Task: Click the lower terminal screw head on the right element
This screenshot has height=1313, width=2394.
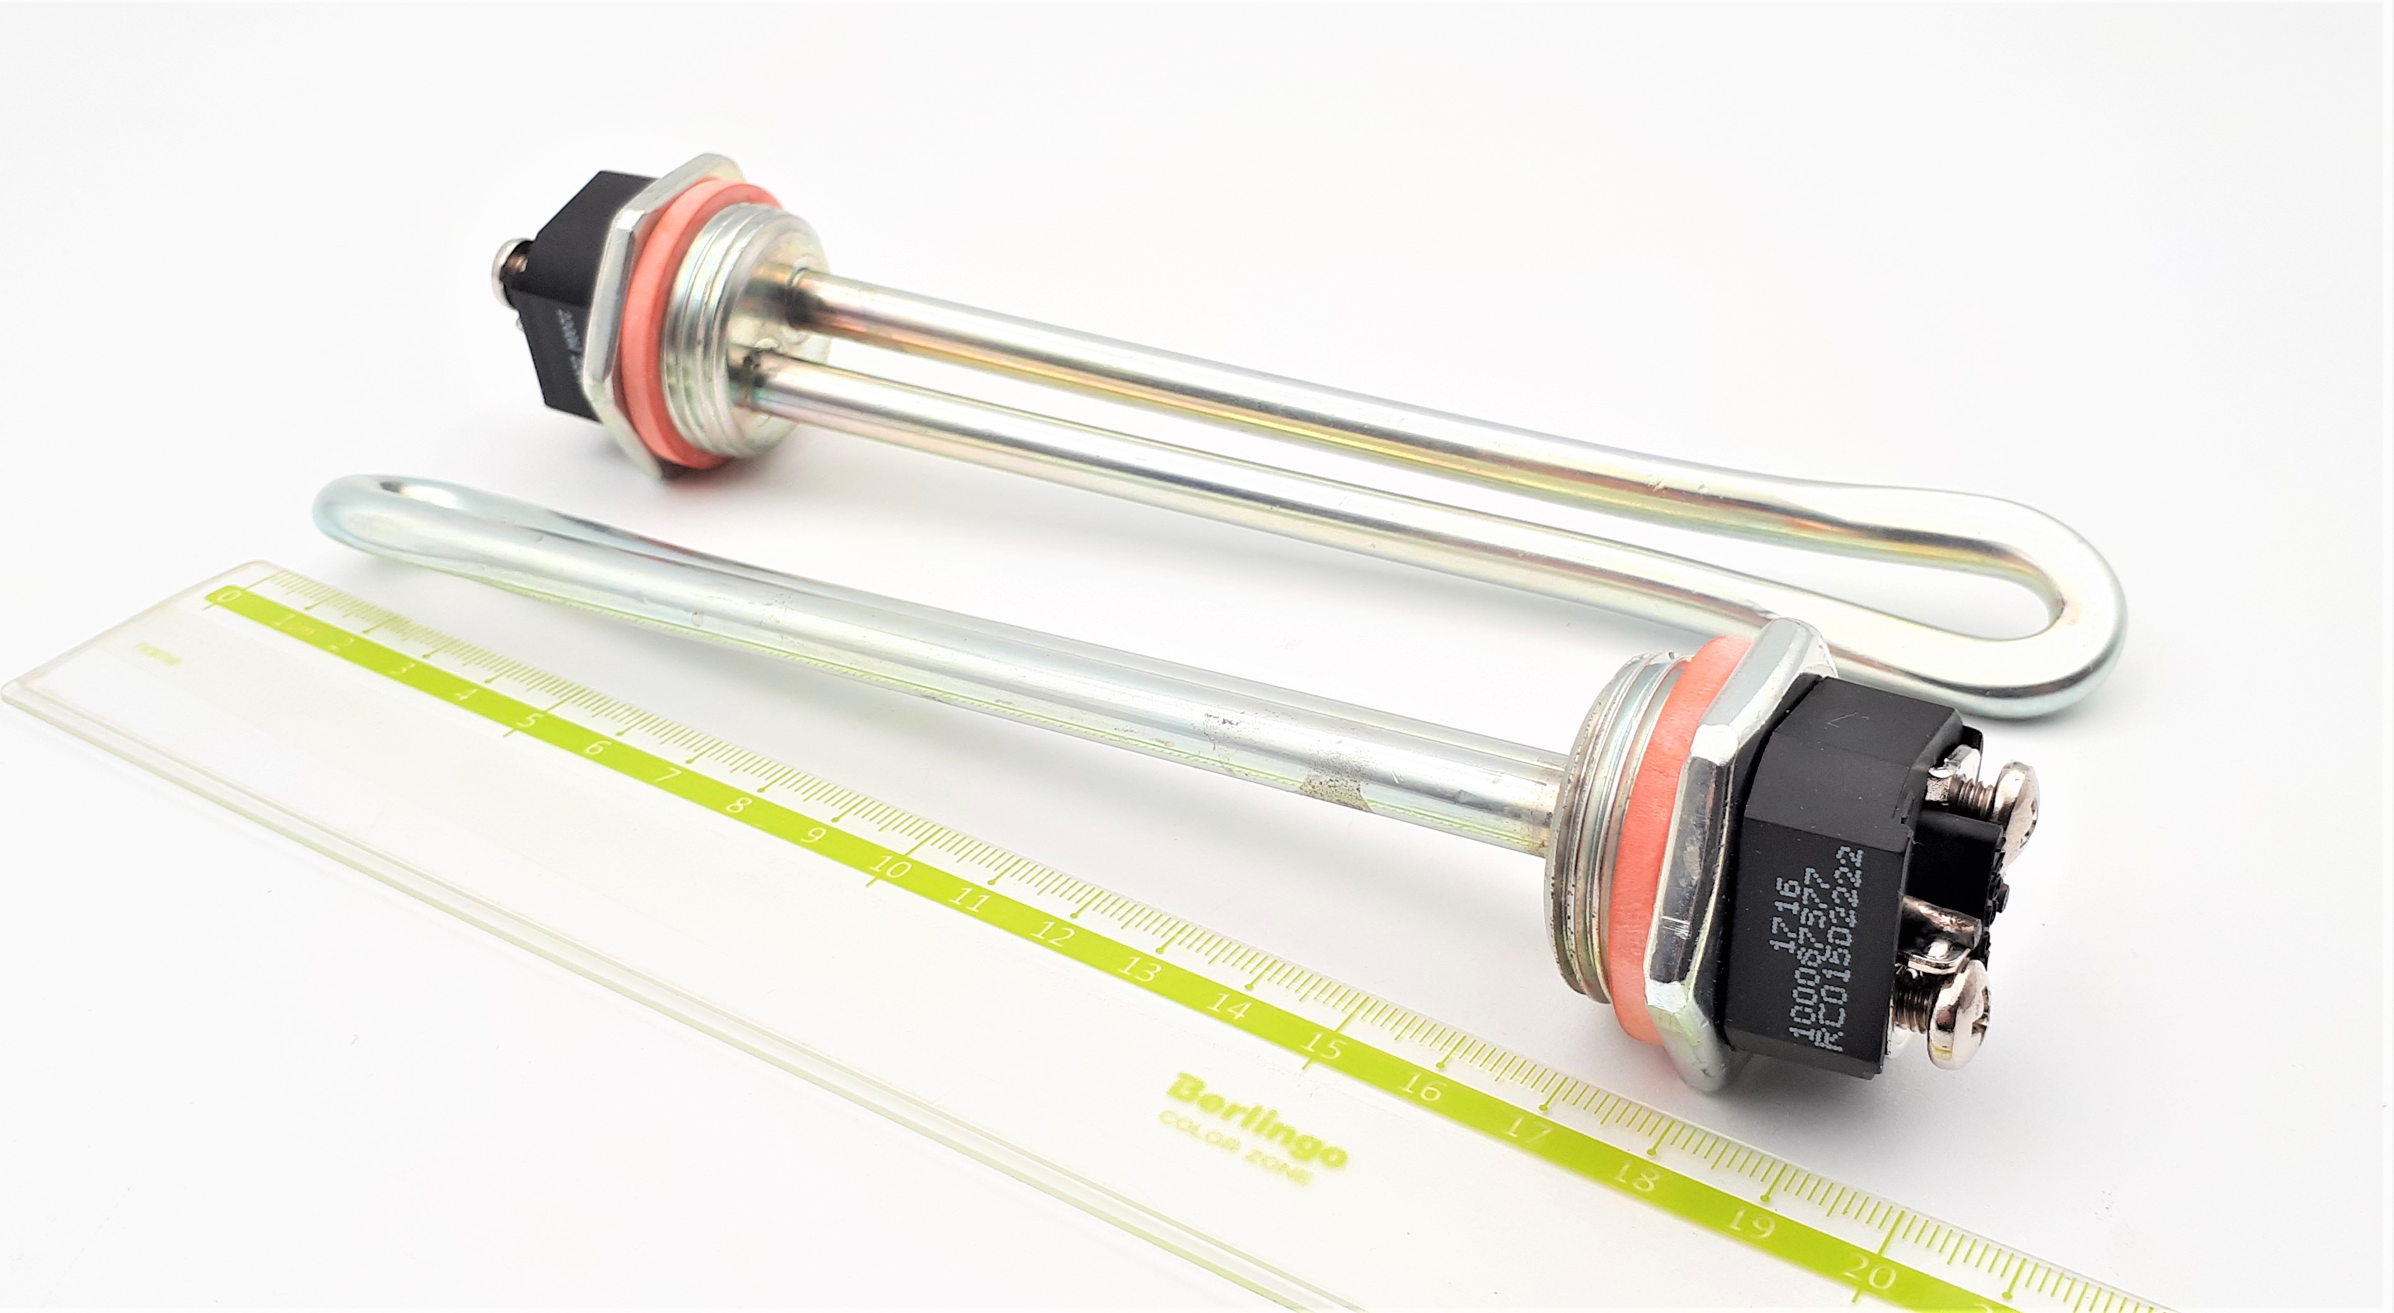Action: click(1962, 1021)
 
